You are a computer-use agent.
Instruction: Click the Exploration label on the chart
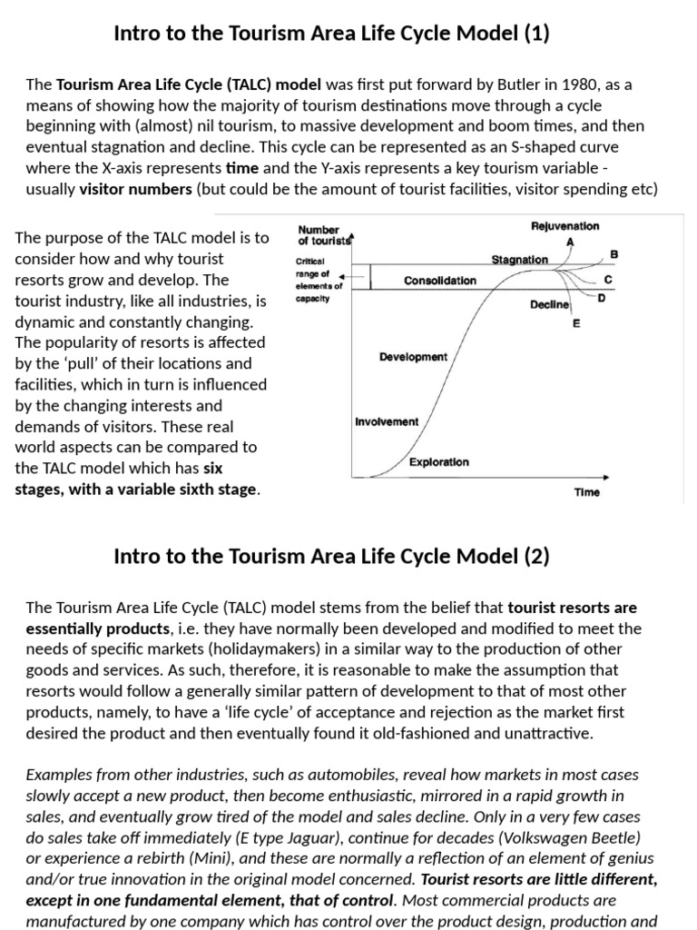tap(438, 462)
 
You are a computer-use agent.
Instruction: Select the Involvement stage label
tap(387, 421)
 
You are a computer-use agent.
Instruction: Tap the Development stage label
tap(413, 357)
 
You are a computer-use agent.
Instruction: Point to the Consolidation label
tap(440, 281)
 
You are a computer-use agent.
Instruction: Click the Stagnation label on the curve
tap(519, 260)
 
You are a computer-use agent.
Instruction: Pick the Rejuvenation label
tap(564, 225)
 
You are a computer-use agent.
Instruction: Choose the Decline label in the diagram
tap(549, 305)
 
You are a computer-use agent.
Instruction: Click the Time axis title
tap(586, 492)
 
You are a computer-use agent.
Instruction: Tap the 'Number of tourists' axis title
tap(319, 235)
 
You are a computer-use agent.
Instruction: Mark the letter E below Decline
tap(575, 323)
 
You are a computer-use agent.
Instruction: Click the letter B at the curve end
tap(614, 254)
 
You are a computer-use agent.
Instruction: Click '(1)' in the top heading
tap(535, 35)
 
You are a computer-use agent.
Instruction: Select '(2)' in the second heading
tap(535, 557)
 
